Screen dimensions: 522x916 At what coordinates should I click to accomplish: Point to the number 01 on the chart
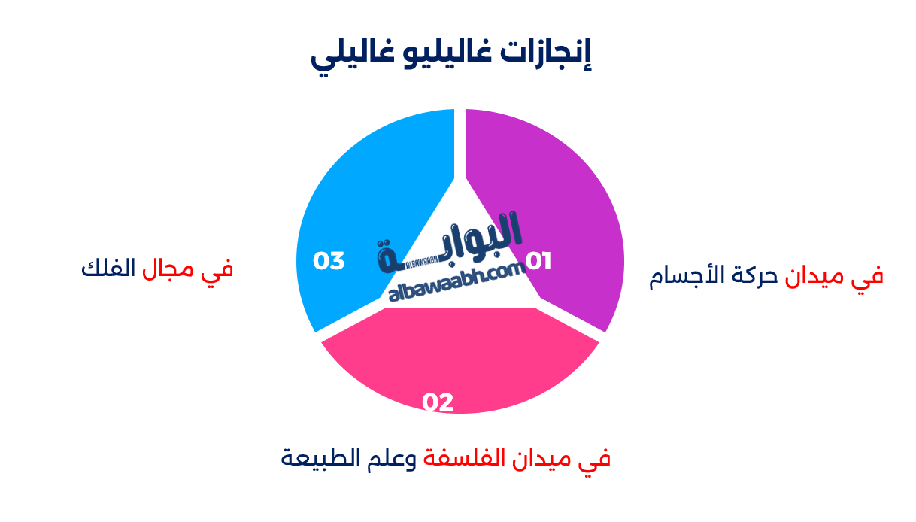point(538,261)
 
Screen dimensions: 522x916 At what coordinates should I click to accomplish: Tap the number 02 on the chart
point(438,402)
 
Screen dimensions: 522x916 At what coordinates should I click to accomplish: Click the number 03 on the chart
point(329,261)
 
